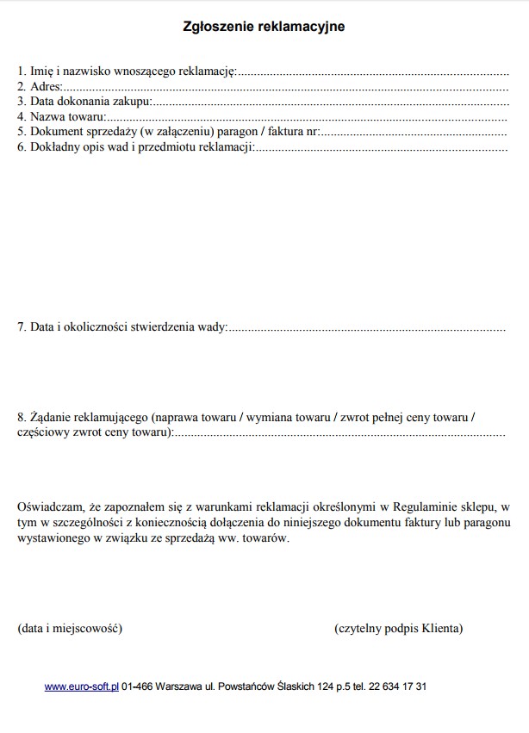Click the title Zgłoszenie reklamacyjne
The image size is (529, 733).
pos(264,27)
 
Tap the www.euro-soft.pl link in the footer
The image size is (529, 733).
pos(82,686)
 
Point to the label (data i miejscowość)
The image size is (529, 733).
pos(70,628)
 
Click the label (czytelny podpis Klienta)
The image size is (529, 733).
pos(398,628)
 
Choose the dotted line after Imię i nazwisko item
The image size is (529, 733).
pos(372,71)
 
